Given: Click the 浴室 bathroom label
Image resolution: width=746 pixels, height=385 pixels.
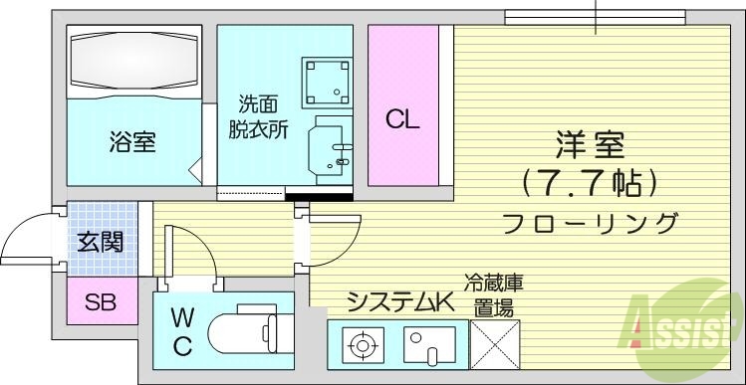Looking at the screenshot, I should click(131, 141).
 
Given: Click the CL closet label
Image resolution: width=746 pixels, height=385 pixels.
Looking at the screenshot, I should click(403, 120).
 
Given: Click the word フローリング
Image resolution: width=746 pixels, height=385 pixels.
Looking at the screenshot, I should click(590, 221).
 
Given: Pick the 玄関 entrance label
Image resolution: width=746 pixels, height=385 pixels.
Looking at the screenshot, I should click(100, 241).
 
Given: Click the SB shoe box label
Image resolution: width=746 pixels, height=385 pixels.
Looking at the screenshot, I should click(100, 302).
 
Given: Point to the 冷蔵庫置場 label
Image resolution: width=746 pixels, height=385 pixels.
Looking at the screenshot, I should click(493, 295).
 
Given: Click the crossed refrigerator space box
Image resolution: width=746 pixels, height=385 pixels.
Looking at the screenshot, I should click(494, 346).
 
